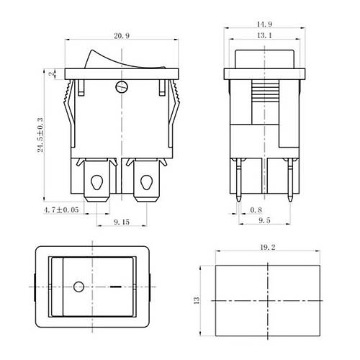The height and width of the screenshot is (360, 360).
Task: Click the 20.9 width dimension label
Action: pyautogui.click(x=122, y=36)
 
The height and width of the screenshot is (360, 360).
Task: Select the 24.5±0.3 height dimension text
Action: pyautogui.click(x=40, y=135)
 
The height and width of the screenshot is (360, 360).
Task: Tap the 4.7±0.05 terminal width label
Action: pyautogui.click(x=61, y=210)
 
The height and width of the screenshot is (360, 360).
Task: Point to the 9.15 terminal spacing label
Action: pyautogui.click(x=122, y=222)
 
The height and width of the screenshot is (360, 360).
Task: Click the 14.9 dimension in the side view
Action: pyautogui.click(x=264, y=24)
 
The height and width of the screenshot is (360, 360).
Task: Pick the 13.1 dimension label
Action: pyautogui.click(x=264, y=35)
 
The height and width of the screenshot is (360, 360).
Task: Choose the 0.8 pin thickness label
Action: pyautogui.click(x=256, y=210)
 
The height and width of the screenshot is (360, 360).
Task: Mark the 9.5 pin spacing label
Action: pyautogui.click(x=264, y=220)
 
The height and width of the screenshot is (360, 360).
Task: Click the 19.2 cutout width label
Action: pyautogui.click(x=268, y=247)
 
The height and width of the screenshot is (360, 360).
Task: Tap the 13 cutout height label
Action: pyautogui.click(x=197, y=300)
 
